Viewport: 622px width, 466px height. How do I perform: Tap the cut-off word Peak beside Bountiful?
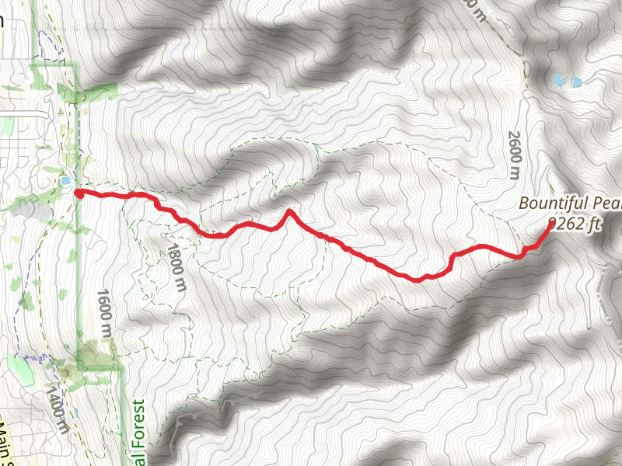click(x=606, y=203)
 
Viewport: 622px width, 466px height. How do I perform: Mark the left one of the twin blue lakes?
click(x=558, y=79)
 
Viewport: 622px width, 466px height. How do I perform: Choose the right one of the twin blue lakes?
click(x=576, y=81)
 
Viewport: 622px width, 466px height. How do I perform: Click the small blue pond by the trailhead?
click(x=65, y=181)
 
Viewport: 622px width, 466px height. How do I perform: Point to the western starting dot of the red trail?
click(x=79, y=193)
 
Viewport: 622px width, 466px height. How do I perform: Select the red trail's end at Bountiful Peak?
click(x=550, y=224)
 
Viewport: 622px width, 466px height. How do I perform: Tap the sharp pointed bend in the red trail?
click(x=289, y=210)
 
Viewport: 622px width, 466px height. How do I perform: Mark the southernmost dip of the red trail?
click(x=418, y=280)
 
